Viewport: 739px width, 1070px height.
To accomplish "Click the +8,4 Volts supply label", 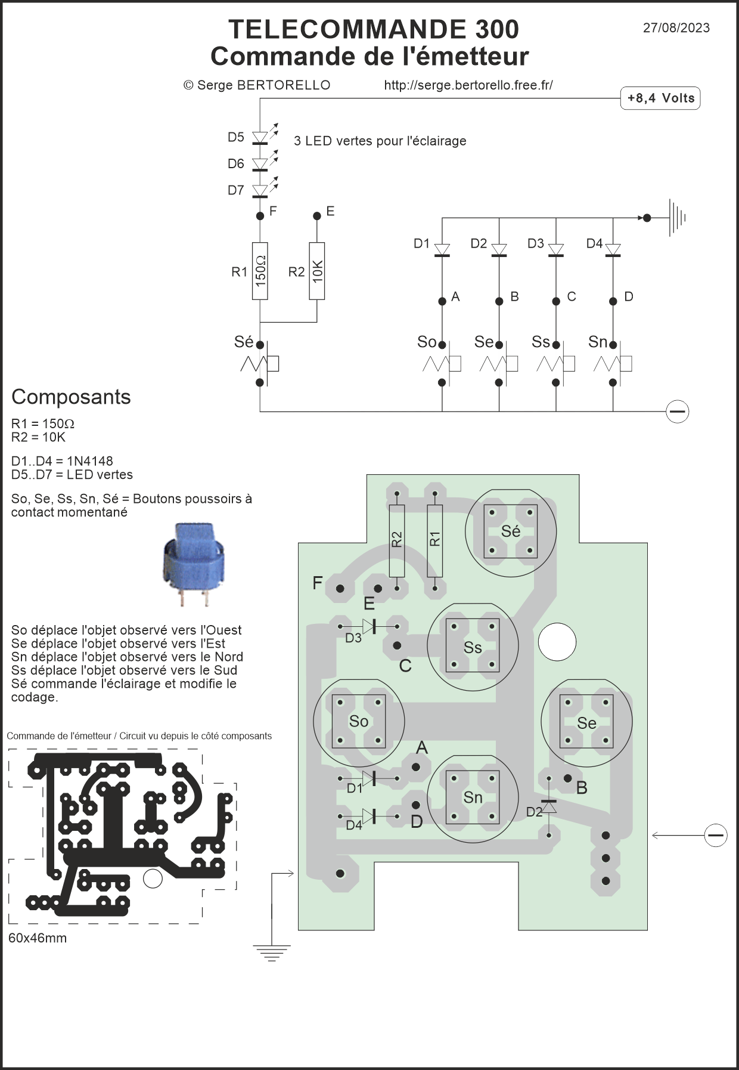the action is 660,98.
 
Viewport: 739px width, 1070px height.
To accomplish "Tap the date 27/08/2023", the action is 676,28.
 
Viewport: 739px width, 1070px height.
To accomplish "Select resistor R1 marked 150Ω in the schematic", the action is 260,271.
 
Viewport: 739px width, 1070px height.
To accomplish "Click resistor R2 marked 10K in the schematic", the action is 317,271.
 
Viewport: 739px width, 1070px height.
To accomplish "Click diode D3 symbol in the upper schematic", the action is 556,250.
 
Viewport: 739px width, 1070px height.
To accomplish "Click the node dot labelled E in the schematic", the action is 317,215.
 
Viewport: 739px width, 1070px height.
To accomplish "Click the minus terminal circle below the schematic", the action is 677,412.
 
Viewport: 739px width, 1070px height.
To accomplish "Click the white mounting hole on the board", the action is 557,642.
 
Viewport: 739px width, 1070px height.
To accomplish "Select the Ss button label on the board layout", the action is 473,648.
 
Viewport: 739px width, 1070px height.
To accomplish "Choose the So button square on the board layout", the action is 359,722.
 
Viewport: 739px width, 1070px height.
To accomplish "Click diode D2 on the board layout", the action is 548,806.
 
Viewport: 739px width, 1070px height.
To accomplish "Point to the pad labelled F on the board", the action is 340,589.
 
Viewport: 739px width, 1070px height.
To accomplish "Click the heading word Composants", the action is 71,397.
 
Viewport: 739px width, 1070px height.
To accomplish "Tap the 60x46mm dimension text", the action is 38,938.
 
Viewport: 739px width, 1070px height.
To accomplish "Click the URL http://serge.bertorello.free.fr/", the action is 468,85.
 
